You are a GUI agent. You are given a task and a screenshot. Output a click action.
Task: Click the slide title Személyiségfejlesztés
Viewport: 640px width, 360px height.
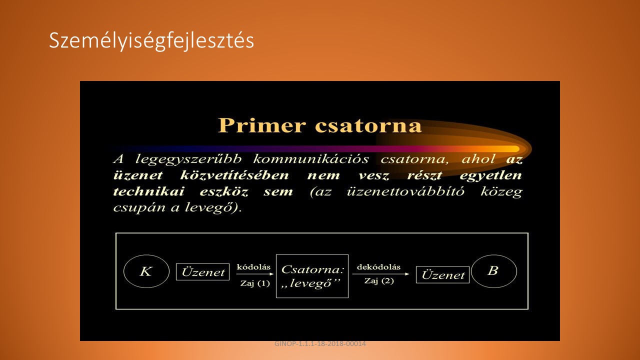tap(151, 41)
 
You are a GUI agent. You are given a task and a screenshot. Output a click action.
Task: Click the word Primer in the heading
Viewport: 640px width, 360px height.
tap(261, 125)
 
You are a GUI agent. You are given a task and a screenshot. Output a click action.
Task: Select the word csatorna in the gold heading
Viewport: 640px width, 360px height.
tap(368, 126)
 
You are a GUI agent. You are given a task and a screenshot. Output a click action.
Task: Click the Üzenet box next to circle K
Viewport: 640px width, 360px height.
tap(202, 271)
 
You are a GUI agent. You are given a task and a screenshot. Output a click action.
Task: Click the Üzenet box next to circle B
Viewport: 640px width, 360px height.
tap(442, 275)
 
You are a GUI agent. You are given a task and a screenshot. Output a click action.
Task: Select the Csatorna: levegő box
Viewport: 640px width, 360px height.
tap(312, 255)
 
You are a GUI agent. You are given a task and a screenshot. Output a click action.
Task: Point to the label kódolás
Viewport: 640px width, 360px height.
tap(253, 267)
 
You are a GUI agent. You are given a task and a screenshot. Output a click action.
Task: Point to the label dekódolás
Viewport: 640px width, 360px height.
tap(378, 267)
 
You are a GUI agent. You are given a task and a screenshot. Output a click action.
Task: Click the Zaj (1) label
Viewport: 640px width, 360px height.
tap(255, 283)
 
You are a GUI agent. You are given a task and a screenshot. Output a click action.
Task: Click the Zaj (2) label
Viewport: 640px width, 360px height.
tap(379, 281)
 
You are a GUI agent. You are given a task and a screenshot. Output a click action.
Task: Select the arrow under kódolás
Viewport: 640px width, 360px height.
tap(255, 274)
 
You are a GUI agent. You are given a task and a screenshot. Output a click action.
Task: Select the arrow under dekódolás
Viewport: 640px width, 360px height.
tap(380, 274)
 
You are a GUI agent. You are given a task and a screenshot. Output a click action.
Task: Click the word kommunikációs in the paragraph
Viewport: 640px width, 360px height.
tap(311, 159)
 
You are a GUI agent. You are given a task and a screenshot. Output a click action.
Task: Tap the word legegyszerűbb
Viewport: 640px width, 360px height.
tap(188, 159)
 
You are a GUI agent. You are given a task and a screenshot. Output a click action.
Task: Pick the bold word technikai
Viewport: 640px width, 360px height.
tap(148, 191)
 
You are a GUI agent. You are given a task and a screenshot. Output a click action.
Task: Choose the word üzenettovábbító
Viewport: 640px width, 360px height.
tap(405, 191)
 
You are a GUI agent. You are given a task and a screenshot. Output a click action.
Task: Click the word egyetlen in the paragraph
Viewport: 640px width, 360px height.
tap(490, 175)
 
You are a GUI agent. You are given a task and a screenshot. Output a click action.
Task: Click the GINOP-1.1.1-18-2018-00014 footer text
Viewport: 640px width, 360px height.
tap(320, 343)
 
